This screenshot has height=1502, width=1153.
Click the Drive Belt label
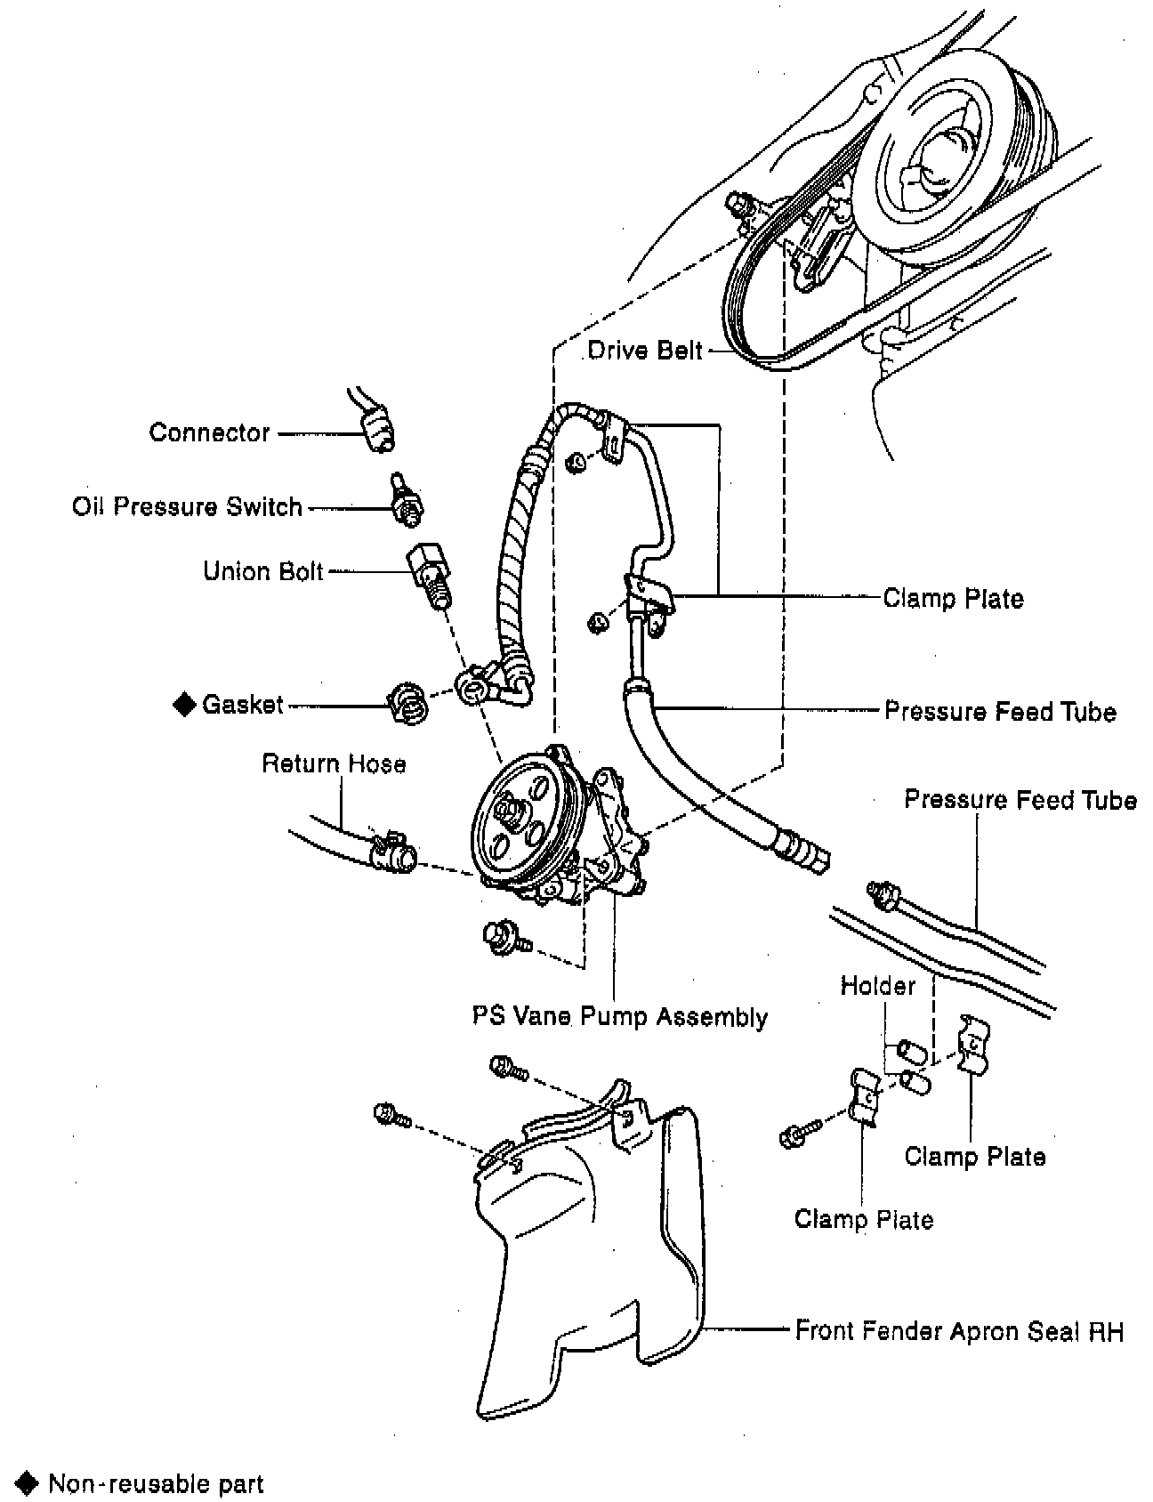tap(644, 350)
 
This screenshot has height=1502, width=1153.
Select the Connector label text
tap(209, 432)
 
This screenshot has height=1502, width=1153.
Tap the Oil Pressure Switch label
tap(188, 507)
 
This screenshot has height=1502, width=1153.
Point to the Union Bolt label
tap(263, 570)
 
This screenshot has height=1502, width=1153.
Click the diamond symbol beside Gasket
tap(184, 705)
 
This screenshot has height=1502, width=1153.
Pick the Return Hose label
tap(334, 763)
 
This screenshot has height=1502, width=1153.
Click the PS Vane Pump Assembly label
tap(620, 1016)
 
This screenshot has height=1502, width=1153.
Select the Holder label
tap(877, 985)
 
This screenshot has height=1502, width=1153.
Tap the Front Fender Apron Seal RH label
tap(959, 1331)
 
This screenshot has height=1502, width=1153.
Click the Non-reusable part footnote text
tap(156, 1484)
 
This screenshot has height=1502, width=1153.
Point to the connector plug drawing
tap(377, 428)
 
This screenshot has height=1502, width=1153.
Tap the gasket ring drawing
tap(409, 704)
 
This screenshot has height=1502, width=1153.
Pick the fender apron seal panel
tap(587, 1264)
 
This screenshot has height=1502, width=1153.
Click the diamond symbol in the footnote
tap(29, 1483)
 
